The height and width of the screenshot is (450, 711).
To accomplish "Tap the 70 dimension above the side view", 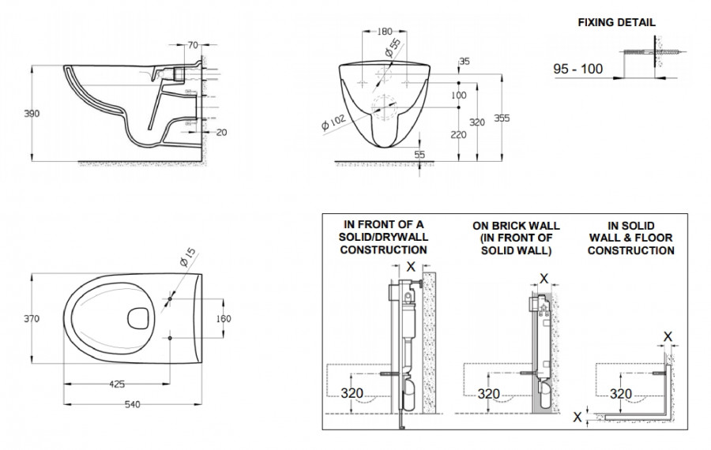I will [193, 45].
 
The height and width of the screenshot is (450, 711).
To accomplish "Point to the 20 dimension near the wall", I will [220, 132].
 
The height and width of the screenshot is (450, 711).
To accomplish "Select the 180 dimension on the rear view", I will [383, 32].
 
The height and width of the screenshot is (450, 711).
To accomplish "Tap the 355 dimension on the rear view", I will [502, 118].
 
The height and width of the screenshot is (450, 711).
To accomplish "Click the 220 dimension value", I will [458, 135].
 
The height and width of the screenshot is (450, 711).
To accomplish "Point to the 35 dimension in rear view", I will [464, 62].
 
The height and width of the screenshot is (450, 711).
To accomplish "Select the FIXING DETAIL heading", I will [617, 22].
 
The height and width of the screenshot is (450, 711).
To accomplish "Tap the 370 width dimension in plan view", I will [31, 319].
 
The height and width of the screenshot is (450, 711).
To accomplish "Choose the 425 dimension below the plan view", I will [116, 384].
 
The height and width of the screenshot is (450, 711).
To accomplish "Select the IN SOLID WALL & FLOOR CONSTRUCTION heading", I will [630, 238].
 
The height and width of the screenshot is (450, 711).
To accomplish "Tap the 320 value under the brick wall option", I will [490, 393].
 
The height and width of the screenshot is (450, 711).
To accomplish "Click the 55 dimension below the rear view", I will [419, 155].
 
